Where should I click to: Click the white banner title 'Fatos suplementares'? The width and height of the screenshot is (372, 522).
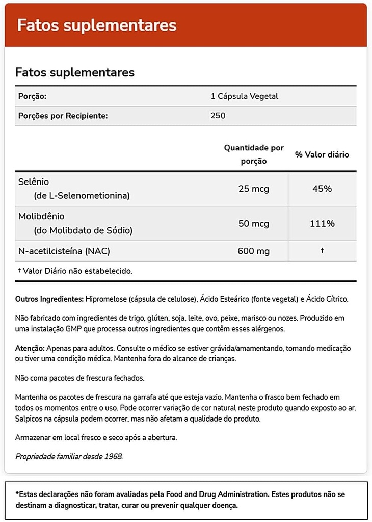97,25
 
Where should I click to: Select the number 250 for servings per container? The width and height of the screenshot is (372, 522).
218,116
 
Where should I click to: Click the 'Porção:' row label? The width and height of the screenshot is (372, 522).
33,96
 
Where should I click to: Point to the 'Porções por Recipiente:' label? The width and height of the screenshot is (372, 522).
63,116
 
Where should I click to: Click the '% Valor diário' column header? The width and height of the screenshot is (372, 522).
322,154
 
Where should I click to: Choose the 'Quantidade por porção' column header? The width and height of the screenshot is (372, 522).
254,154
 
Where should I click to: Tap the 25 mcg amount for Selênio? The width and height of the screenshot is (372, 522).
254,189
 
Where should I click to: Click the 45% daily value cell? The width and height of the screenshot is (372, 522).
322,189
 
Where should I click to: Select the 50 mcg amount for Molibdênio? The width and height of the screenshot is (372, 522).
254,224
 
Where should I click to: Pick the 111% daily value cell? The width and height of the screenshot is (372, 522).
322,224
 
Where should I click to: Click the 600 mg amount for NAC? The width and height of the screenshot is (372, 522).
254,251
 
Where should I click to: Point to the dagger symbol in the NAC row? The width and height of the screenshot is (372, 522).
322,251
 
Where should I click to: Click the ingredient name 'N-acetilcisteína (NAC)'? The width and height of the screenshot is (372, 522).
64,251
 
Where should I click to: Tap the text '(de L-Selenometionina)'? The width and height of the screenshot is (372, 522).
82,196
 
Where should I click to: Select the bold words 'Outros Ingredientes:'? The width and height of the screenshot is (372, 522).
49,299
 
